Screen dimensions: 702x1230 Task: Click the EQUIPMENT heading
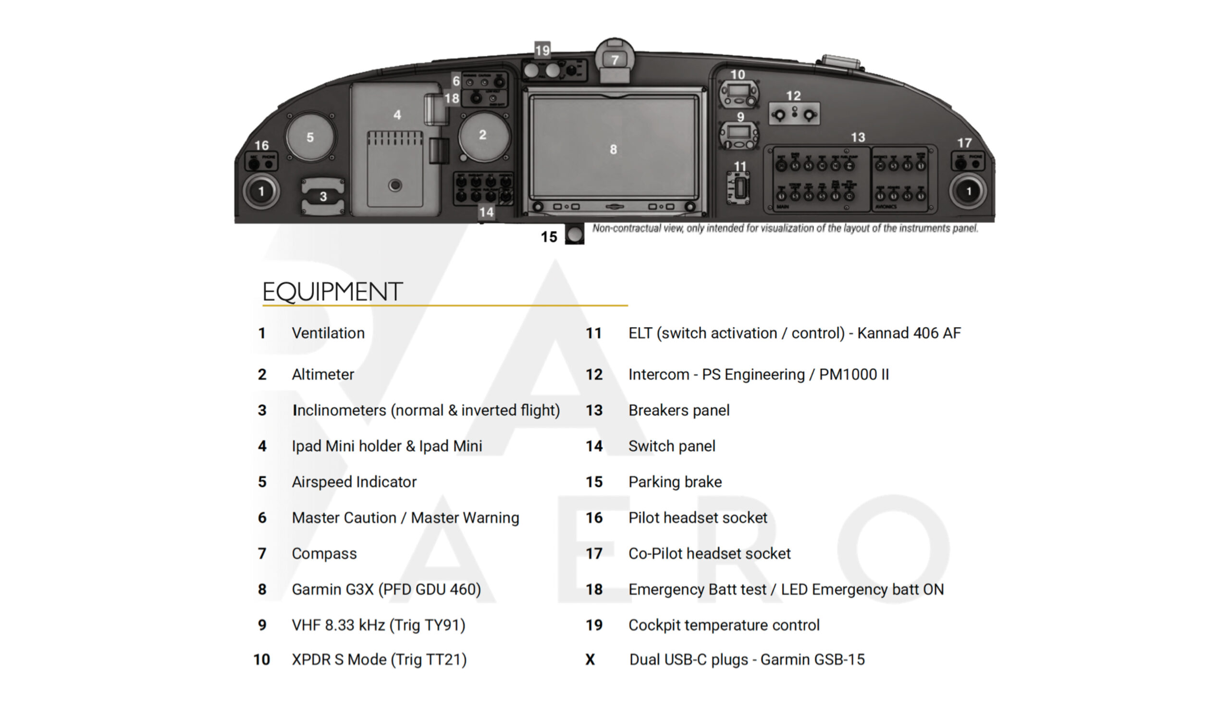coord(332,292)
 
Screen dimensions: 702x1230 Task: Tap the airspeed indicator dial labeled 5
coord(310,137)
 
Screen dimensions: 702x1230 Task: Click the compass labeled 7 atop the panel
coord(615,60)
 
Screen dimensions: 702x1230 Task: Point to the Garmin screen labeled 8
coord(614,149)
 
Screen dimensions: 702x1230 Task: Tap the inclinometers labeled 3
coord(323,196)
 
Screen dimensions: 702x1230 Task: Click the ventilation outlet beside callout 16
coord(261,191)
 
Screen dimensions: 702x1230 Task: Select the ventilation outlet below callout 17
coord(968,191)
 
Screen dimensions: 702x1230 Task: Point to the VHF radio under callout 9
coord(738,135)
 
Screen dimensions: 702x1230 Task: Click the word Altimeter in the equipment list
coord(323,375)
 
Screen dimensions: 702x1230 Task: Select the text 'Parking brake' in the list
coord(675,481)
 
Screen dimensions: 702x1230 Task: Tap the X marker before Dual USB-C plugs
coord(590,660)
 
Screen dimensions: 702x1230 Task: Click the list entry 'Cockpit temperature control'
coord(724,625)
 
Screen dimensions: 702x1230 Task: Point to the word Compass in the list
coord(324,554)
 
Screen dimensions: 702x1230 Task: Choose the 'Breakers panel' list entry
coord(678,410)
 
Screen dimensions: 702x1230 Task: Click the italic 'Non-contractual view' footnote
coord(785,228)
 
